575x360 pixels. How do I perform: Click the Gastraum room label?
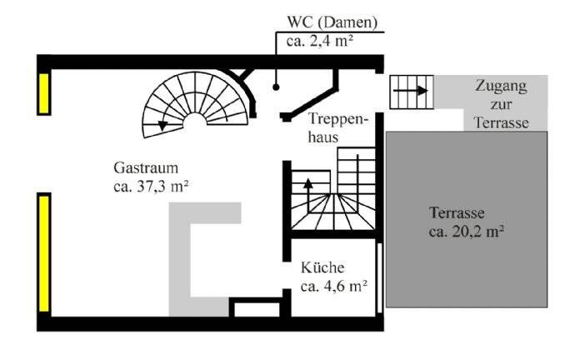(148, 168)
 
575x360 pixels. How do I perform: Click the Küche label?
(322, 268)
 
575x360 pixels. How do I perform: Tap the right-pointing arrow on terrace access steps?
(412, 90)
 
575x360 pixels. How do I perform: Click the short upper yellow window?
(42, 92)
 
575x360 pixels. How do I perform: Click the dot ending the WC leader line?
(276, 86)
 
